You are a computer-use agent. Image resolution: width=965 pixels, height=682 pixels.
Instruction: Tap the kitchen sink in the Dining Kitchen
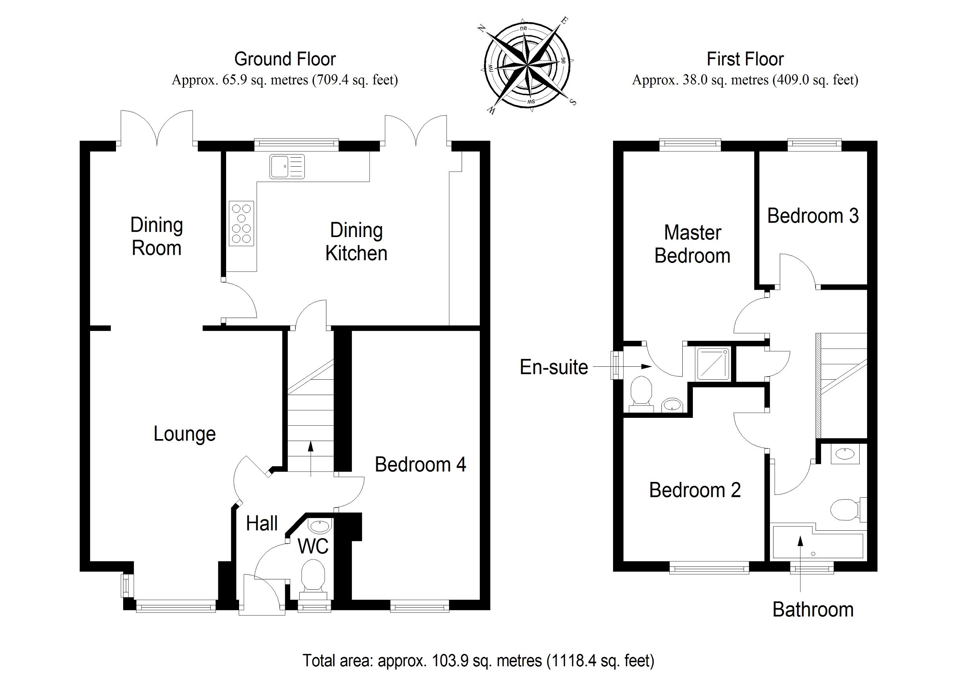tap(287, 166)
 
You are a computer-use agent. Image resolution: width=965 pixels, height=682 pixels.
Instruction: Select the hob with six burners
tap(241, 223)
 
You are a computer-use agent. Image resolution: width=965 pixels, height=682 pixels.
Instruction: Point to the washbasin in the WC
tap(319, 526)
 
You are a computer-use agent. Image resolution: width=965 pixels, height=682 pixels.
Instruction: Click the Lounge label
tap(184, 434)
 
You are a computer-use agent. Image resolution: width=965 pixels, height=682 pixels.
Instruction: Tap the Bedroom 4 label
tap(420, 465)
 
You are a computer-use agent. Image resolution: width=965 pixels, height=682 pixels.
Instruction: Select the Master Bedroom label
tap(692, 244)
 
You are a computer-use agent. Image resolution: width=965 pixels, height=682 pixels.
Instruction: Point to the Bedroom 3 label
tap(812, 216)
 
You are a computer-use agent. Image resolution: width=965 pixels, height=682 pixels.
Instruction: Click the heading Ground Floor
tap(285, 59)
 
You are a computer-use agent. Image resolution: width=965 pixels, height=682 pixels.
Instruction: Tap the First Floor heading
tap(745, 59)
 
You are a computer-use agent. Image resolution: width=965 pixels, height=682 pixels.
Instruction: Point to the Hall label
tap(262, 524)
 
